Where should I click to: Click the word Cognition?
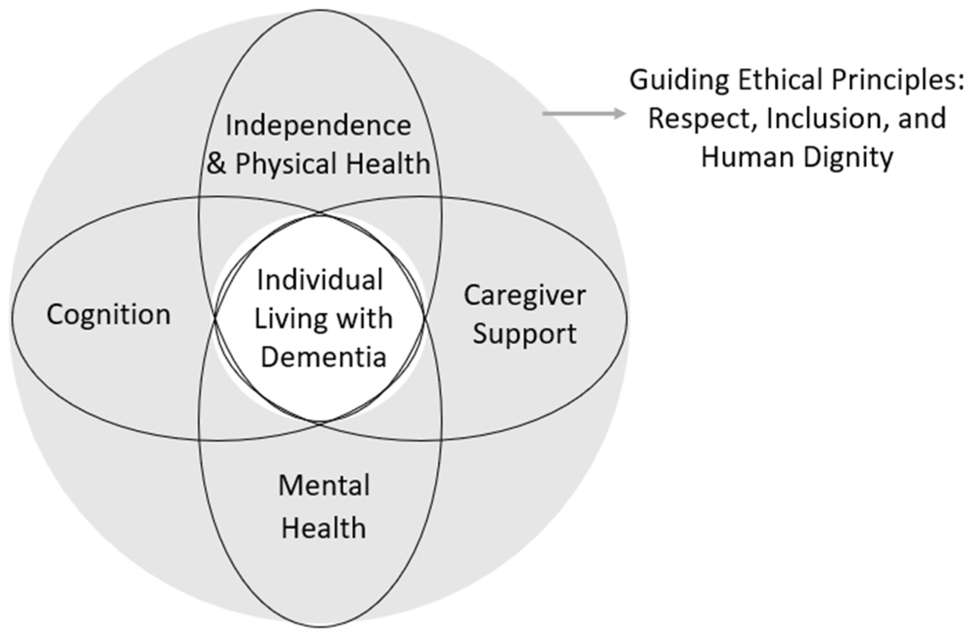click(108, 315)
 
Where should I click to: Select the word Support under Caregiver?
click(524, 334)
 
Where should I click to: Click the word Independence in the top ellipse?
click(318, 126)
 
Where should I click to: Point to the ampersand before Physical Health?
click(216, 163)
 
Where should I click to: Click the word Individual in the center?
click(320, 281)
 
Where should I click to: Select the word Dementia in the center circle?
click(323, 357)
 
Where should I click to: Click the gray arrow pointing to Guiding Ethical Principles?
click(584, 113)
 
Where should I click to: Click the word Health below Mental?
click(323, 528)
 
